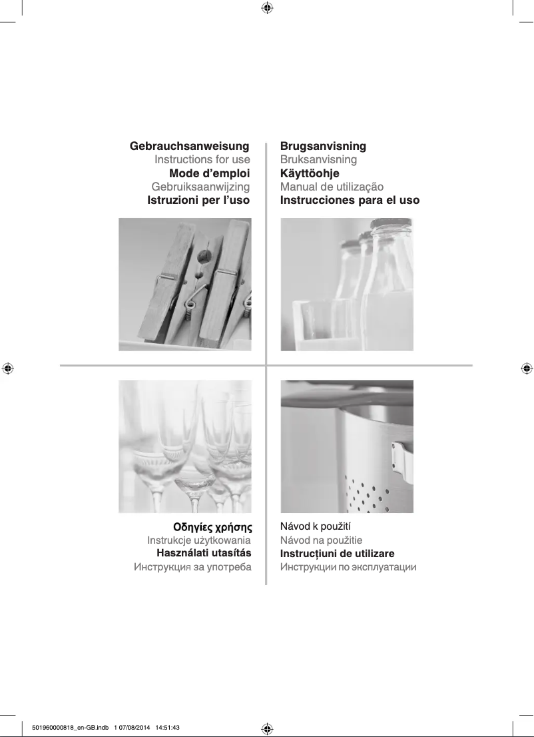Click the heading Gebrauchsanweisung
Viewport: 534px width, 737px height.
coord(189,146)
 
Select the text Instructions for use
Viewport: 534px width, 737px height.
coord(202,159)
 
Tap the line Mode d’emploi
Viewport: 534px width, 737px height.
coord(210,173)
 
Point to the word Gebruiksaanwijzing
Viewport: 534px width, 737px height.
coord(200,187)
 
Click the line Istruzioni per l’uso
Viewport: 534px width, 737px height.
coord(198,200)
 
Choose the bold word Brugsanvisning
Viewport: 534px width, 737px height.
coord(323,146)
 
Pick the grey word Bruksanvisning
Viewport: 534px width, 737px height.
coord(318,160)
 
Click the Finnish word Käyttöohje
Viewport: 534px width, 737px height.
coord(310,173)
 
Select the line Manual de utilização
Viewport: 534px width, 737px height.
coord(332,187)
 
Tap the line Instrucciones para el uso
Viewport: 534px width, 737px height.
coord(350,200)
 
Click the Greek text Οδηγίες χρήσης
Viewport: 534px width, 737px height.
coord(213,527)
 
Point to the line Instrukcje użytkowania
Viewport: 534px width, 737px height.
coord(199,540)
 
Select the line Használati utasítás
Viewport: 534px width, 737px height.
coord(204,553)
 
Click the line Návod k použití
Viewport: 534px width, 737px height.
coord(315,526)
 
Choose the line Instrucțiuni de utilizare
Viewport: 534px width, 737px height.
coord(337,554)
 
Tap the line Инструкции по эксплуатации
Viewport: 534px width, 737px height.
coord(348,567)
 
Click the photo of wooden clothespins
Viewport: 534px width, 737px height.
coord(185,285)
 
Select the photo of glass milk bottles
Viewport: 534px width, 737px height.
coord(347,285)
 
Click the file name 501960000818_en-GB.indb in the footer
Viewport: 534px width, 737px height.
coord(71,728)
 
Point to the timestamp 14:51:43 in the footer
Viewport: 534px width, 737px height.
coord(168,728)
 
